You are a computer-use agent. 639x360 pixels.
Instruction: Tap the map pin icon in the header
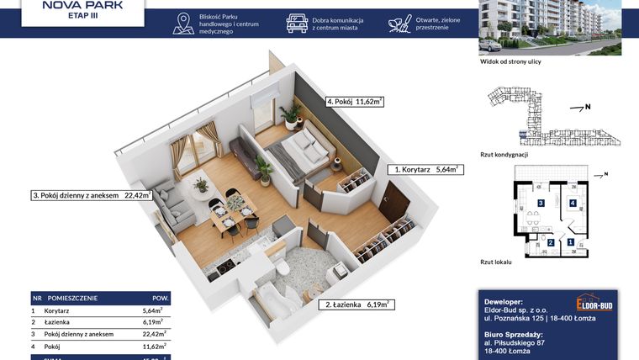[x=182, y=23]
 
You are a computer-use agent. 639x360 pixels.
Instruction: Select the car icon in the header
[x=297, y=23]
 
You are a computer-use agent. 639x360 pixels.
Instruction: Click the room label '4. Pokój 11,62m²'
[x=354, y=102]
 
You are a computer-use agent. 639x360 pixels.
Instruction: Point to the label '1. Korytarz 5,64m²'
[x=425, y=169]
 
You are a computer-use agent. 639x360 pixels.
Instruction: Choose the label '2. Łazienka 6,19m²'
[x=356, y=305]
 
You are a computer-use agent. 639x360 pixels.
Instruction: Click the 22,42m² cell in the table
[x=152, y=333]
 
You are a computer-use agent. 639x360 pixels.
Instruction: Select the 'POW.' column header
[x=160, y=298]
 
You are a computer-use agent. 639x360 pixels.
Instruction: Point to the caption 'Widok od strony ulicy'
[x=510, y=61]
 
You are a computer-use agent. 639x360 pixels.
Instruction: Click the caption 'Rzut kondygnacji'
[x=503, y=154]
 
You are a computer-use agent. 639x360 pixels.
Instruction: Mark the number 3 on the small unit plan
[x=541, y=203]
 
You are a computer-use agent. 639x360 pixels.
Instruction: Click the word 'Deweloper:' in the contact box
[x=504, y=300]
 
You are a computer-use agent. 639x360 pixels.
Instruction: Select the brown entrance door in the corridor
[x=392, y=202]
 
